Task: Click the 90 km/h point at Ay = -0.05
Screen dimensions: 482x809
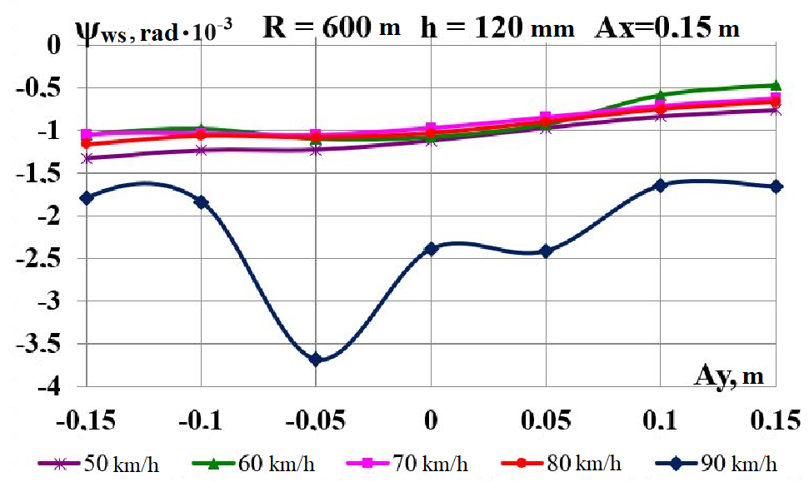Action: click(x=316, y=360)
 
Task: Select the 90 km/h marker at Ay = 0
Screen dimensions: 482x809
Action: click(x=431, y=248)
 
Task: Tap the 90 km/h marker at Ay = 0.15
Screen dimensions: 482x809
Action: click(x=777, y=186)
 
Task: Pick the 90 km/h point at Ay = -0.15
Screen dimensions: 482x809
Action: click(x=86, y=197)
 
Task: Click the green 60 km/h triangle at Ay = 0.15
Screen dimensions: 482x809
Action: click(x=777, y=85)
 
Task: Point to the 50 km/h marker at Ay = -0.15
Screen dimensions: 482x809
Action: click(x=86, y=158)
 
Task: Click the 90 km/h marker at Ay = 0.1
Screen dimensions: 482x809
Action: click(x=661, y=185)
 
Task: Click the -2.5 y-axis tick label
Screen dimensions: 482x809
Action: click(x=46, y=258)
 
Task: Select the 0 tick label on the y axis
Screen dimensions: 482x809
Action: click(x=56, y=43)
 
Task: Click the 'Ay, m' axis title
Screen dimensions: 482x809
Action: click(x=729, y=375)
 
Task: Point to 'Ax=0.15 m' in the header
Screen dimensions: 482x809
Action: click(x=667, y=29)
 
